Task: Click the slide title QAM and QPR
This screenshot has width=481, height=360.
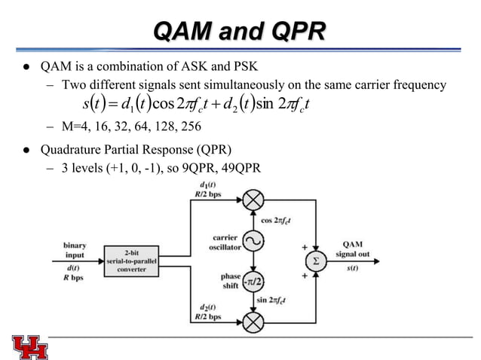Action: click(x=240, y=31)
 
